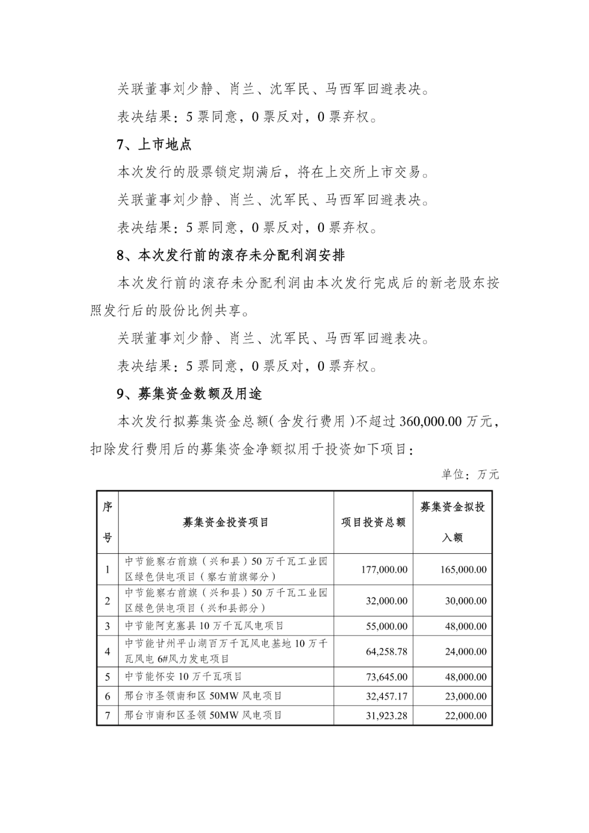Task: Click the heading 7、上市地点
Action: (154, 145)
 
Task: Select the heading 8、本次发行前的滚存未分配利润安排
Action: (231, 255)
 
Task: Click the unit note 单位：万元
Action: (470, 474)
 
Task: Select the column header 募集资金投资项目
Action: (226, 522)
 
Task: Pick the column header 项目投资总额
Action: (374, 522)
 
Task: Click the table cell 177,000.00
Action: (384, 570)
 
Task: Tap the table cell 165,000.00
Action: (464, 570)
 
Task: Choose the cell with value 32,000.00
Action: (387, 601)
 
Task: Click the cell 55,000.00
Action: (387, 626)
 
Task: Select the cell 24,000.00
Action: (466, 651)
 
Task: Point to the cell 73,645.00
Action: (387, 677)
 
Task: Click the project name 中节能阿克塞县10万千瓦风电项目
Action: (205, 626)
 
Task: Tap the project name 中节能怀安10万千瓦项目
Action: (184, 676)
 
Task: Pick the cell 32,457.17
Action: (387, 696)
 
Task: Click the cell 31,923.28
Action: (387, 715)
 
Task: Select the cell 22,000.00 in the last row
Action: (466, 715)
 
